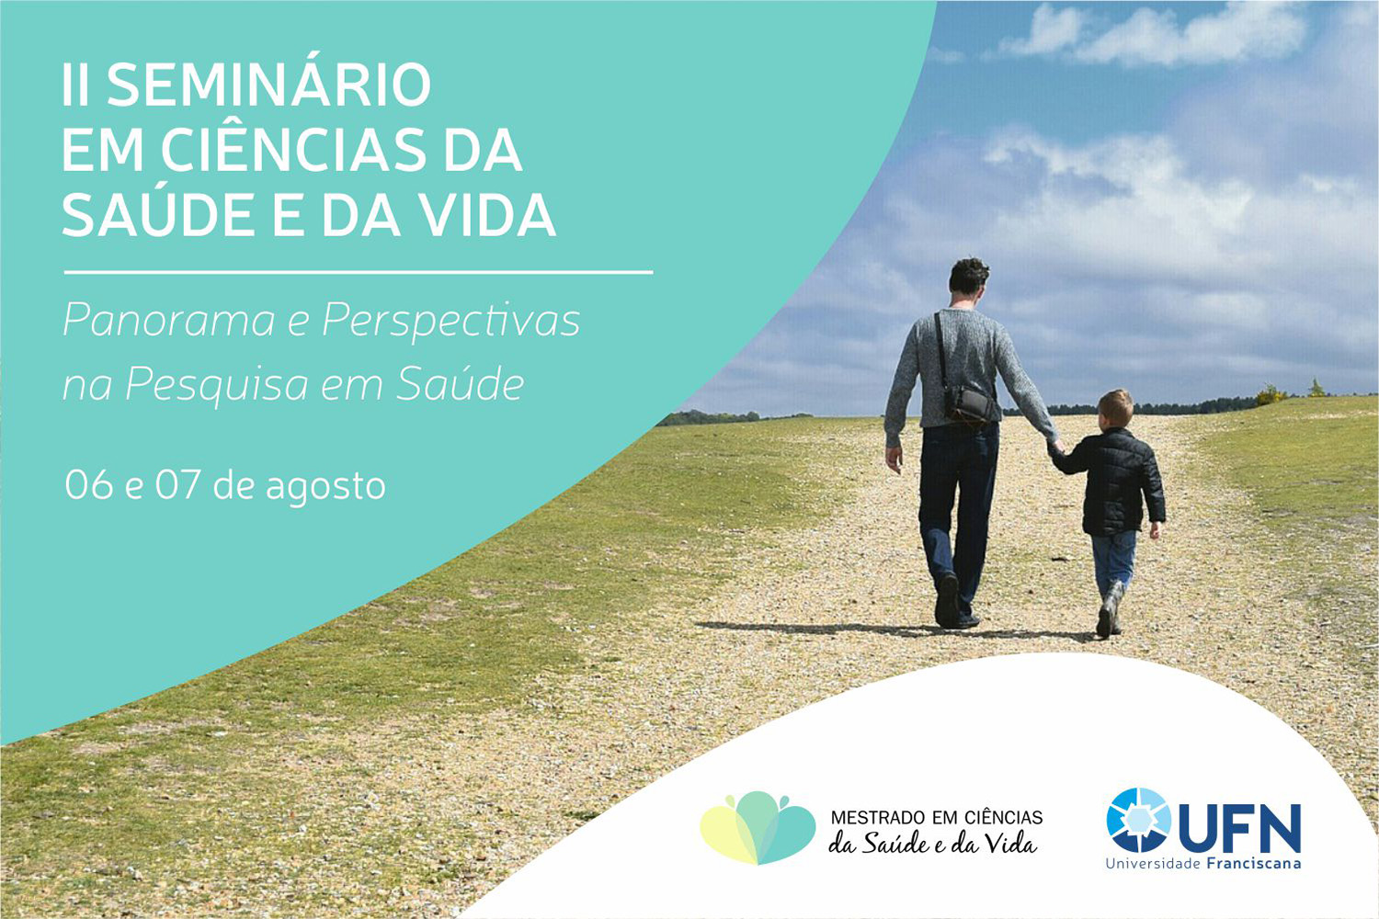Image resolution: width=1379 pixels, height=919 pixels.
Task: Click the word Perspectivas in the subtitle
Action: tap(450, 322)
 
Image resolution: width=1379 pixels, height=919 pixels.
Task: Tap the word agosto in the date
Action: tap(325, 487)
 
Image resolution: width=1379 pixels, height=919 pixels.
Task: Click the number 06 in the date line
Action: tap(89, 485)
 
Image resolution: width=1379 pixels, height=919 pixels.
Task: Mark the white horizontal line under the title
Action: tap(359, 271)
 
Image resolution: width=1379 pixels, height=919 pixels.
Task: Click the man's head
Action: tap(968, 277)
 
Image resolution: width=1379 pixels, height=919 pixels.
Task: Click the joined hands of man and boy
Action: tap(1056, 447)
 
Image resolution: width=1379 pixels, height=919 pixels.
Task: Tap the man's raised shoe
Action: tap(947, 599)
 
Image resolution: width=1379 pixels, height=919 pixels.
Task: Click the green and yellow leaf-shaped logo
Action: tap(758, 828)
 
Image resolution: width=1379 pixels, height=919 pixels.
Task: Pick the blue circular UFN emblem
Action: tap(1139, 820)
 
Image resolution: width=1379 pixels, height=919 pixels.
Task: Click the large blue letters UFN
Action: tap(1239, 829)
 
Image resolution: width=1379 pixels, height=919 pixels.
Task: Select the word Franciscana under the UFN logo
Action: tap(1254, 864)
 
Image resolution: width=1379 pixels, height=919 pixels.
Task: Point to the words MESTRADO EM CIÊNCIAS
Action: tap(937, 818)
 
